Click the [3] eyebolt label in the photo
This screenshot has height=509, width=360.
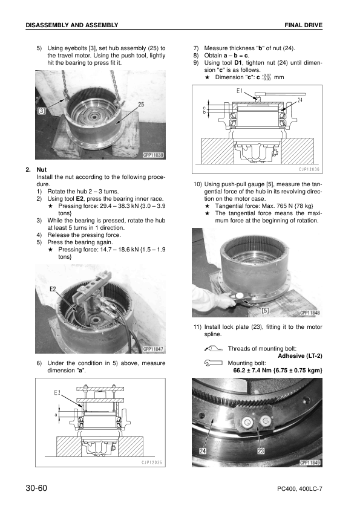pos(42,111)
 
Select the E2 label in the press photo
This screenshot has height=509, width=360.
pos(54,289)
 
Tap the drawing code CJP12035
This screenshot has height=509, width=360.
pos(152,462)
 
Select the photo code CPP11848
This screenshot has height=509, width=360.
pos(309,313)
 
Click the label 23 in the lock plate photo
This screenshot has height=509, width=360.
pos(260,451)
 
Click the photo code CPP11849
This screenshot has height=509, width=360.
pos(309,462)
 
